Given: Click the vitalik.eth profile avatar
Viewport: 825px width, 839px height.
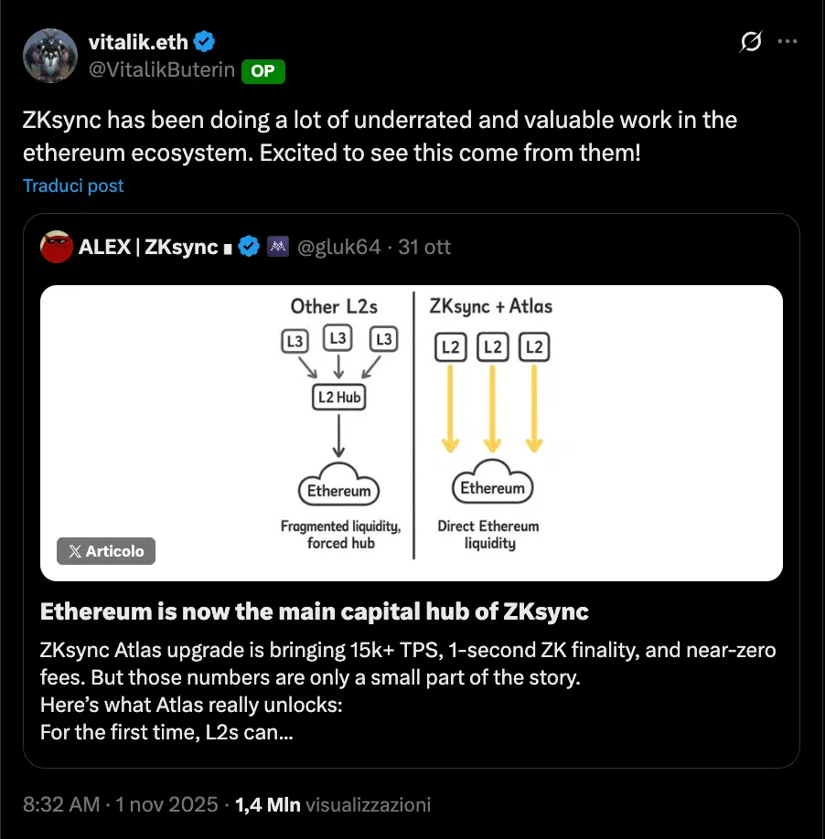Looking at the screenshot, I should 51,57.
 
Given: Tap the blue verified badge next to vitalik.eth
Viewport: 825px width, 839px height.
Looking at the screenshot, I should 204,41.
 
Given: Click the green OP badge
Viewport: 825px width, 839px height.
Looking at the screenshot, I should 262,71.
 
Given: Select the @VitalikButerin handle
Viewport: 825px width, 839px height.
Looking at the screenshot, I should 161,71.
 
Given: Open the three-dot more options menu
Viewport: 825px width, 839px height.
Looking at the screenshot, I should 787,42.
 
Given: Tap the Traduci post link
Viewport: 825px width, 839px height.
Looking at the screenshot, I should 73,186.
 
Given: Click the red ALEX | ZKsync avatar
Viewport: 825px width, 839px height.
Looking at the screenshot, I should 57,247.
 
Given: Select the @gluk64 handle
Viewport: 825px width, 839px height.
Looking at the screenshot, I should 337,247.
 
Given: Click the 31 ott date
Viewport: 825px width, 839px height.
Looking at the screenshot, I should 425,247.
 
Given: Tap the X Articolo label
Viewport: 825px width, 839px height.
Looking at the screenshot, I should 106,551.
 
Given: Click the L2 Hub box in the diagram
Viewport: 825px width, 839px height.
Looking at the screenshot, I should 337,397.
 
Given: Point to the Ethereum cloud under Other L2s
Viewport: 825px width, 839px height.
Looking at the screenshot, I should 338,490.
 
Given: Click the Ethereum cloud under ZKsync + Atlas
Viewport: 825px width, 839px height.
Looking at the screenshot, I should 492,487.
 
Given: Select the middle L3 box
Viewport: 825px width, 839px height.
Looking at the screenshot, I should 337,339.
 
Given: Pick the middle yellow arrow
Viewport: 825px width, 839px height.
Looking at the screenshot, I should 492,407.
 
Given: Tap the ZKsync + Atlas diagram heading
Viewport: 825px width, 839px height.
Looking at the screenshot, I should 490,306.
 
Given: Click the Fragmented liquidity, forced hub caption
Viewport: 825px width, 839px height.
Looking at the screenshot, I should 339,535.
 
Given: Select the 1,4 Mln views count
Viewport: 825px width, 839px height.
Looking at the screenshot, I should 268,804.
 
